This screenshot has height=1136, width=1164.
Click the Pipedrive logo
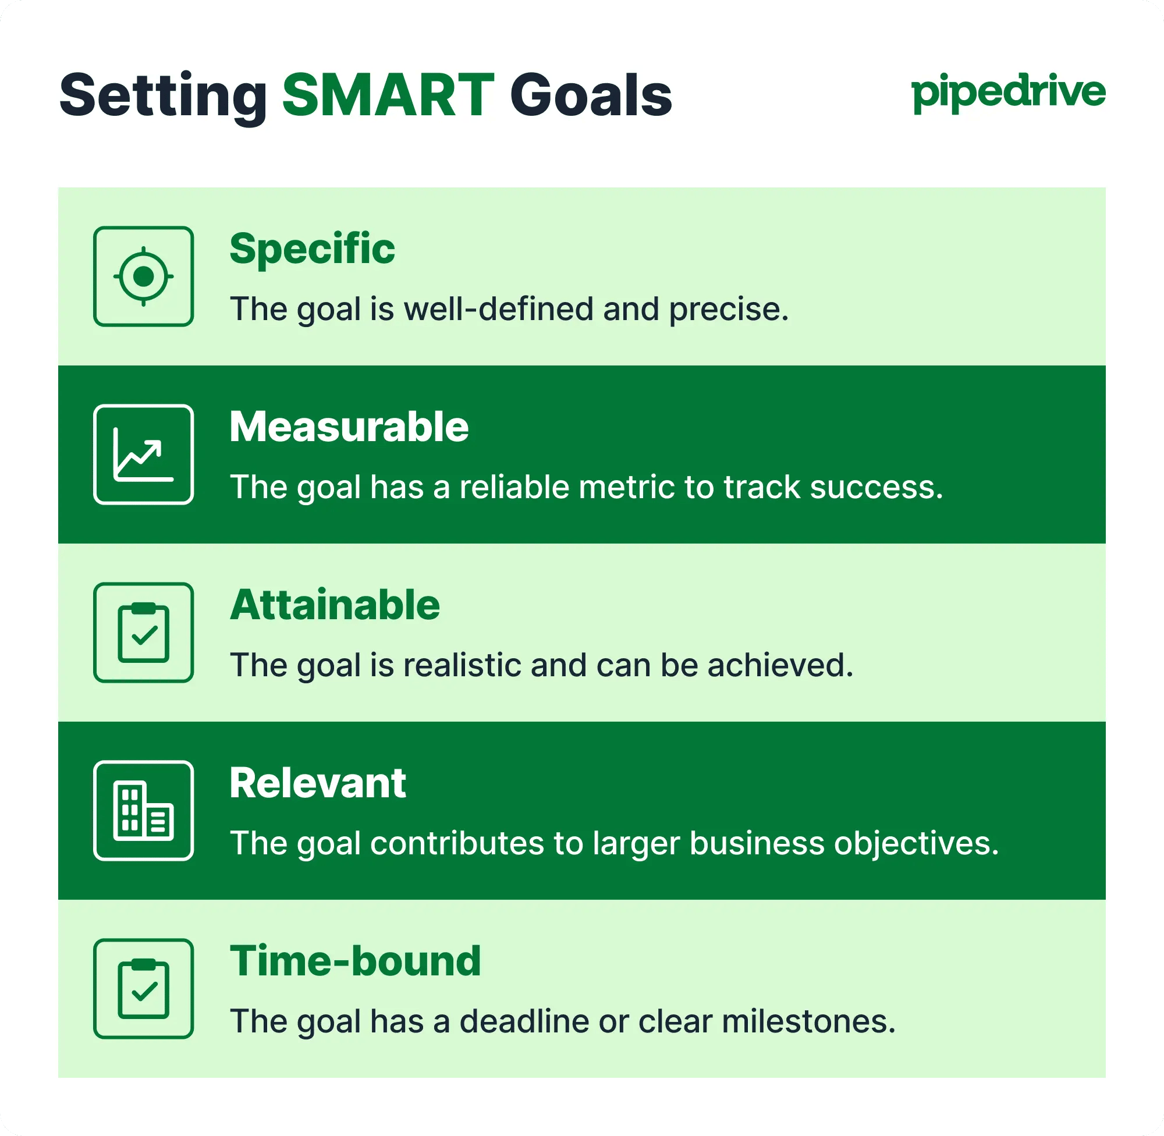click(x=1008, y=93)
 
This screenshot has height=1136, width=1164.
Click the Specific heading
click(x=312, y=249)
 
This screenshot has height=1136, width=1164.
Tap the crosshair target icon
click(x=143, y=276)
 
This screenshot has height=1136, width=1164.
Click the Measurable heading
click(x=349, y=427)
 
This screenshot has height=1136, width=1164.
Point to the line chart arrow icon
click(x=143, y=455)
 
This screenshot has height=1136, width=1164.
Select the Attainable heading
click(x=335, y=605)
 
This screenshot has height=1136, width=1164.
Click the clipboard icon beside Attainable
click(x=143, y=633)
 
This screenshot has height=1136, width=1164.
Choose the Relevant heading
click(x=318, y=783)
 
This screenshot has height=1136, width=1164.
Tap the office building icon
click(x=143, y=810)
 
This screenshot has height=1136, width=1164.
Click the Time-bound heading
click(x=355, y=961)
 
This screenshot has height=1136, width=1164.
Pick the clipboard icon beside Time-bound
click(x=143, y=989)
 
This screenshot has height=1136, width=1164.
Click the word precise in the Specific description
click(x=728, y=310)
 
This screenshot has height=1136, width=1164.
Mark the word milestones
click(x=808, y=1021)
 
